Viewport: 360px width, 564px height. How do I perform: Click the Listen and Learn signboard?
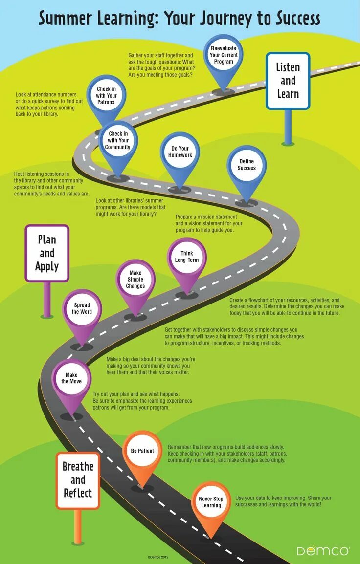coord(288,81)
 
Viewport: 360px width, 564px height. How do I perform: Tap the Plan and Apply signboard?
coord(47,253)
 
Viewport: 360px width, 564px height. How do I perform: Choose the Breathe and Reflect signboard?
coord(77,480)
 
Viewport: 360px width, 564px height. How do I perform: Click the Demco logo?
coord(322,550)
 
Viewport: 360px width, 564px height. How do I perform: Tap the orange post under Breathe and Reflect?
coord(77,526)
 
